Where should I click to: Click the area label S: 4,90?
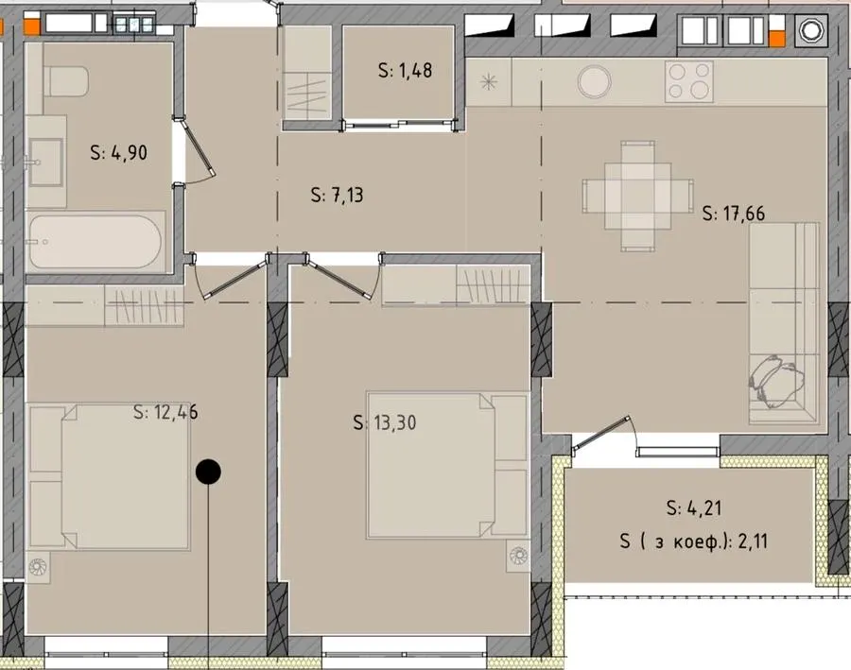coord(118,152)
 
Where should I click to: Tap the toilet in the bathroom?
coord(65,81)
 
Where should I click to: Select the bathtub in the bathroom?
coord(95,242)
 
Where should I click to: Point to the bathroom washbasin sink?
coord(46,162)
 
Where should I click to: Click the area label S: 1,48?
coord(405,70)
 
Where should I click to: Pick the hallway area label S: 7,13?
coord(337,195)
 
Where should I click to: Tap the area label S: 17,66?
coord(733,214)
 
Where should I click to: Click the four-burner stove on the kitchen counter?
coord(689,81)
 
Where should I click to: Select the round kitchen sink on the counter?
coord(595,82)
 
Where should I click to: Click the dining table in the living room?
coord(637,196)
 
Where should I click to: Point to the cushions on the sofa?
coord(775,381)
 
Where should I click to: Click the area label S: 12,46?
coord(165,412)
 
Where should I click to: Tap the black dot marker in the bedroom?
coord(208,472)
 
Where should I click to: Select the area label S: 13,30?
coord(385,422)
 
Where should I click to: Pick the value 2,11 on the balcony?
coord(754,541)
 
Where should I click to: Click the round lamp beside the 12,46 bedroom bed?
coord(38,567)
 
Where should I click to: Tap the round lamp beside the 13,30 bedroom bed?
coord(518,555)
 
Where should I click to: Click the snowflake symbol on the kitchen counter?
coord(489,82)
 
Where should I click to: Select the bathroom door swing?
coord(200,152)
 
